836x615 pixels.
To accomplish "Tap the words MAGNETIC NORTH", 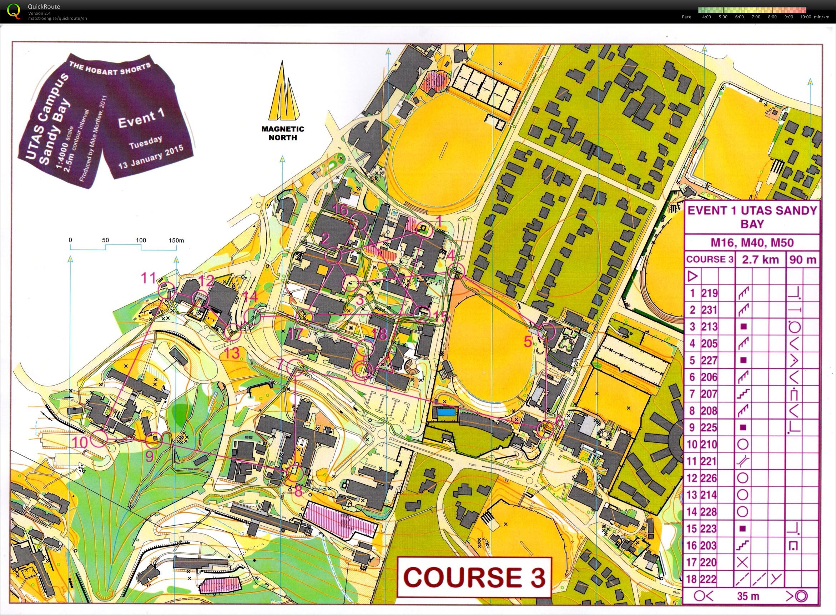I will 283,133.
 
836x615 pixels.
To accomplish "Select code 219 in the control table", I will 710,293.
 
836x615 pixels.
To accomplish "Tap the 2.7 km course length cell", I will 760,259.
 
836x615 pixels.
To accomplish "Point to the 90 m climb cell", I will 802,259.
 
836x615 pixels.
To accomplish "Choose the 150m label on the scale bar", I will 176,240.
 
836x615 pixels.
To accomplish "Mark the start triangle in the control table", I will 693,277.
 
